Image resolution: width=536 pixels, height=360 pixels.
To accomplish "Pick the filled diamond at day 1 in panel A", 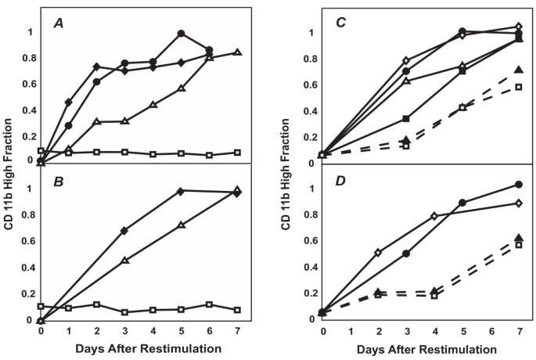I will click(69, 103).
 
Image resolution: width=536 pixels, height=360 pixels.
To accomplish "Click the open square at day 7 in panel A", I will click(236, 152).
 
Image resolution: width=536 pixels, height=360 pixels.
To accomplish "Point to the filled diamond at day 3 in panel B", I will click(124, 231).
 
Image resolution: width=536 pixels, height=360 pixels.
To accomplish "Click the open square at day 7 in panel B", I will click(236, 310).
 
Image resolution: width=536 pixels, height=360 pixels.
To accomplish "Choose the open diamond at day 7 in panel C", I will click(518, 27).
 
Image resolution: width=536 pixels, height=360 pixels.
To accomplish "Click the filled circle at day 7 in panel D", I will click(518, 185).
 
